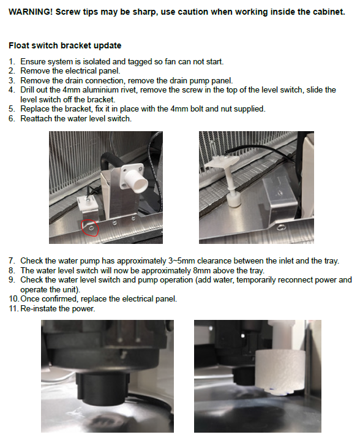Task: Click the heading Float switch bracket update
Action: click(65, 45)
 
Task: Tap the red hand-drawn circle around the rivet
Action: click(90, 228)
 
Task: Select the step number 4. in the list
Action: click(12, 90)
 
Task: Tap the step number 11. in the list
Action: click(13, 308)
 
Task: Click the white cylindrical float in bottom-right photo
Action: click(276, 372)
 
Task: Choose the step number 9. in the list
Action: click(12, 279)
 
